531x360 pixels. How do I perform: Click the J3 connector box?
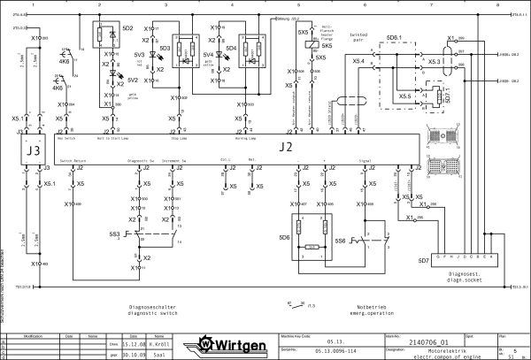34,150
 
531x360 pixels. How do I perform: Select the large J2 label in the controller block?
285,146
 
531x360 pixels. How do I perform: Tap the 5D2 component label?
127,28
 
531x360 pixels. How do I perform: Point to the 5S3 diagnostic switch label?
113,234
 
